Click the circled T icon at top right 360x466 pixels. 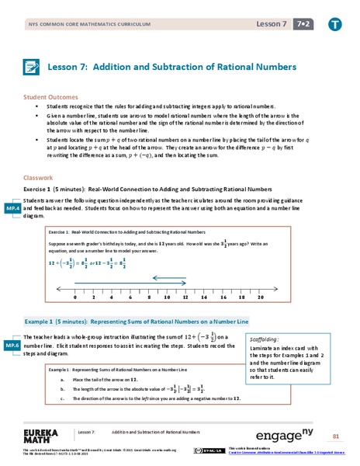pyautogui.click(x=334, y=24)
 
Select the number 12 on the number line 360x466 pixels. pyautogui.click(x=185, y=297)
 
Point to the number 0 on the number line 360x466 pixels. pyautogui.click(x=74, y=297)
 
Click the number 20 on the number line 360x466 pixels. pyautogui.click(x=260, y=297)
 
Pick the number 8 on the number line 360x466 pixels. pyautogui.click(x=148, y=297)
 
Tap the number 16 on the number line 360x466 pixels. pyautogui.click(x=223, y=297)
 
